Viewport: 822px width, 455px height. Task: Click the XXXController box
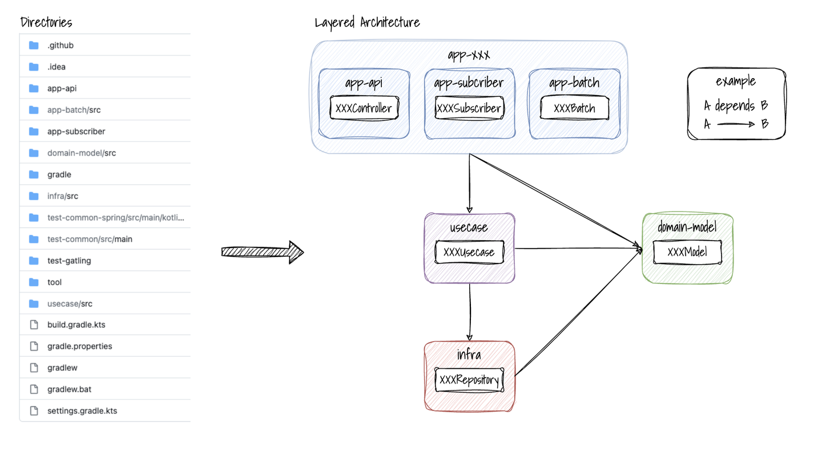364,108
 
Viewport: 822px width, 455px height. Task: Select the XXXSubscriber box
469,108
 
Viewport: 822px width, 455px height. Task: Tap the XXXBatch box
574,108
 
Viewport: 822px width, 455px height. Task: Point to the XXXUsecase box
469,252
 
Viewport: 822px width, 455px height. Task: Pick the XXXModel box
687,252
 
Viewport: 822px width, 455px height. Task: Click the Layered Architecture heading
367,23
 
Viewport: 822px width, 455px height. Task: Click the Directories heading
46,23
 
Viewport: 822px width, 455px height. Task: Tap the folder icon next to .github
34,45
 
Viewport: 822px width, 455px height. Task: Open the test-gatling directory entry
69,261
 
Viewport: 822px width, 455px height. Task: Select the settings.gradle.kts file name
82,411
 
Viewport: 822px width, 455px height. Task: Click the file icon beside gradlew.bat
34,389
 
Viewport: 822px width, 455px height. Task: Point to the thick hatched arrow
263,252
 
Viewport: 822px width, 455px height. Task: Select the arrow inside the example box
736,123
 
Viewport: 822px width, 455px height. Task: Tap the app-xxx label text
469,55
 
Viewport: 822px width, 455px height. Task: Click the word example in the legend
736,82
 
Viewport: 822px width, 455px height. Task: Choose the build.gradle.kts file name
76,324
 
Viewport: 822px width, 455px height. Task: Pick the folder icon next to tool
34,282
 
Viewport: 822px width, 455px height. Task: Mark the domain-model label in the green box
687,227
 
